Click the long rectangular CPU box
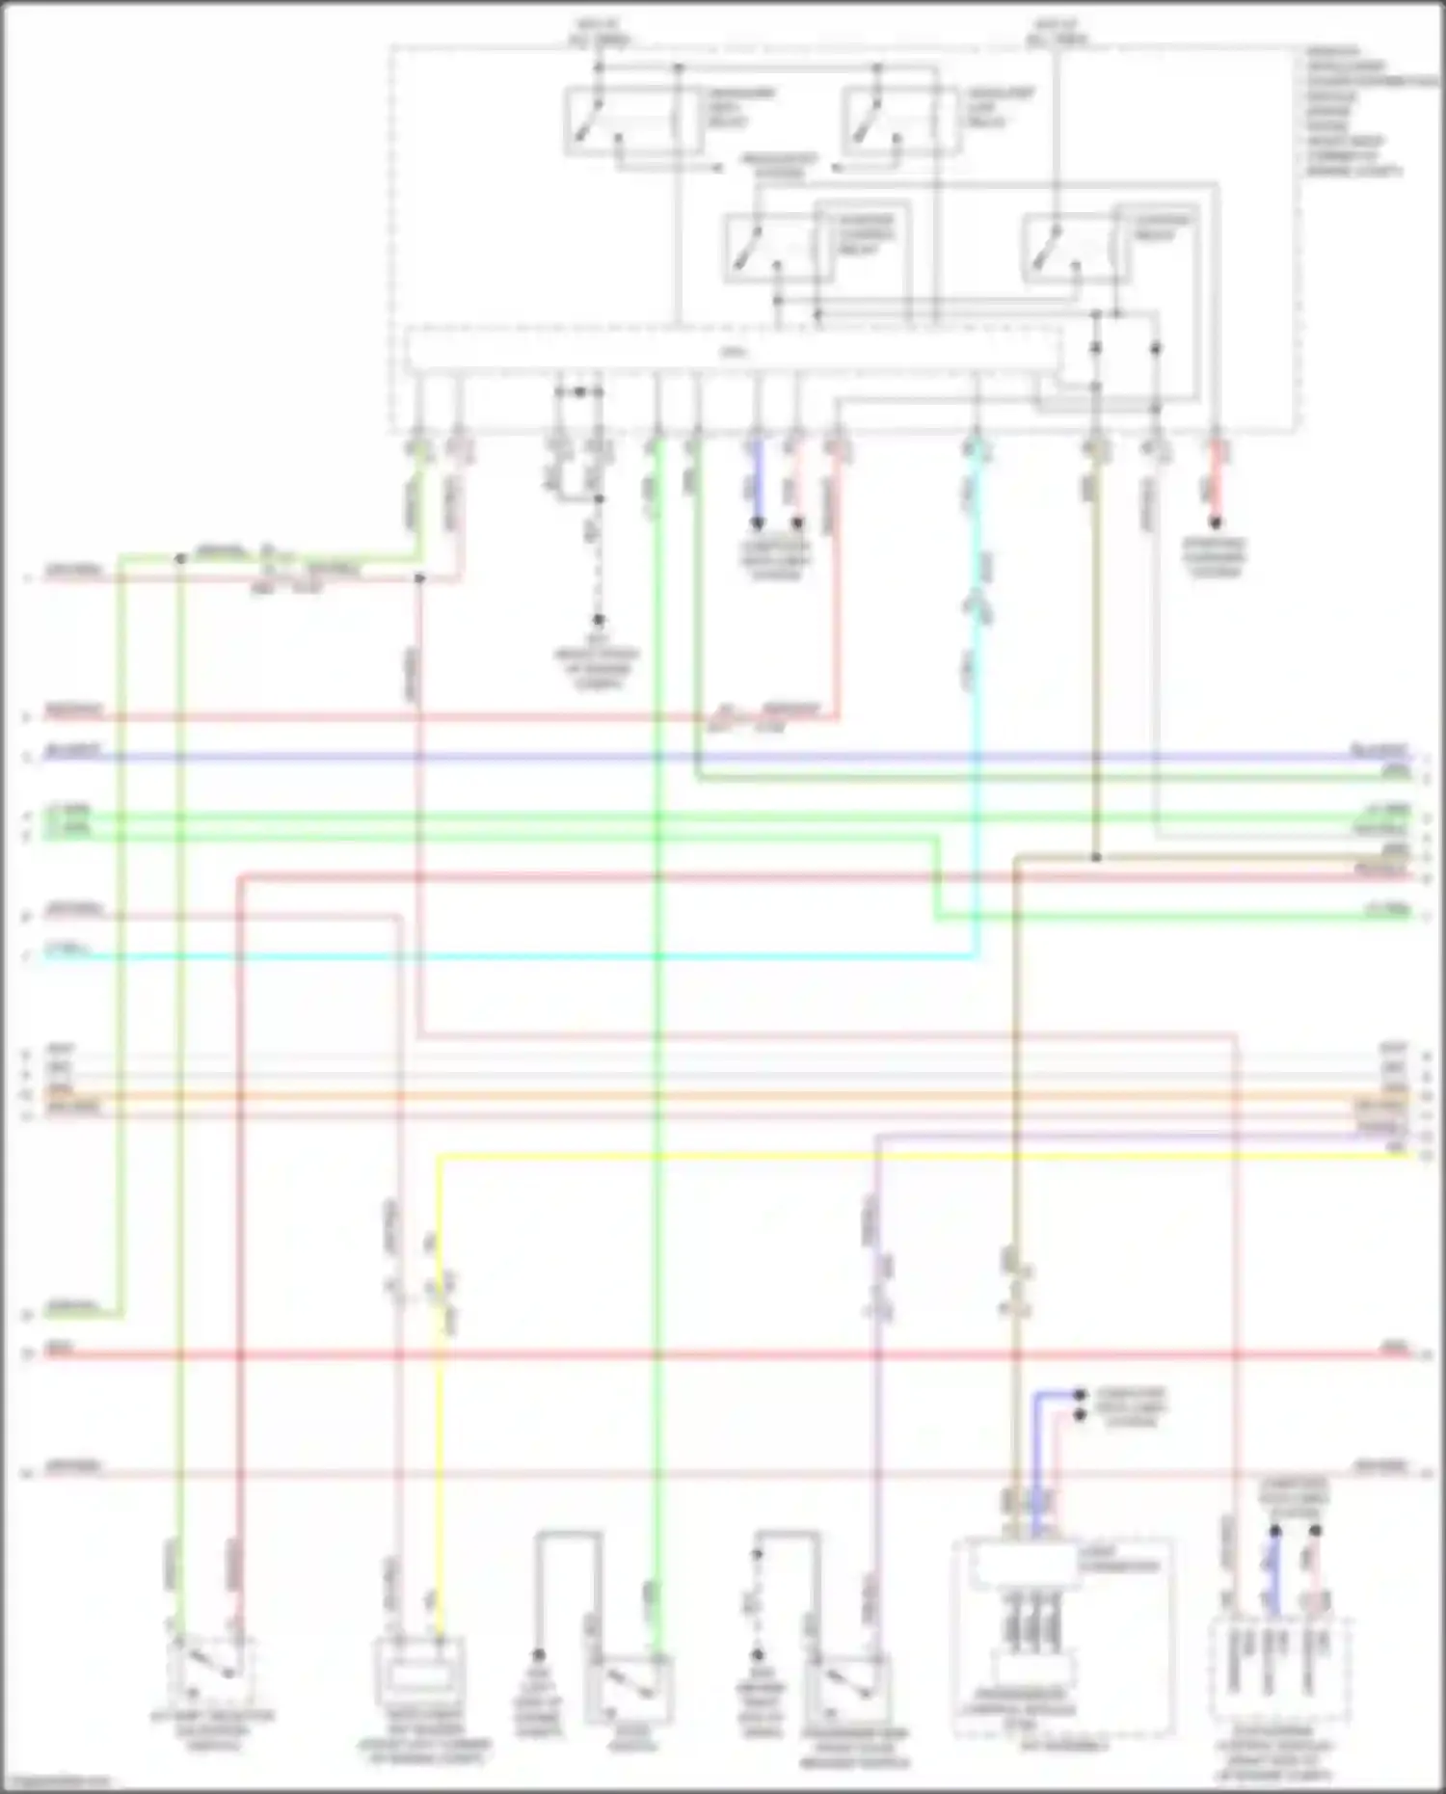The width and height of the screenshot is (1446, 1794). pyautogui.click(x=733, y=352)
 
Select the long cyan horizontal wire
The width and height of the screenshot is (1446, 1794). pyautogui.click(x=501, y=956)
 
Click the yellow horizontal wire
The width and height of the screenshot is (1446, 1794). pyautogui.click(x=916, y=1155)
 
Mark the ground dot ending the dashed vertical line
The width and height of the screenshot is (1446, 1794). pyautogui.click(x=598, y=620)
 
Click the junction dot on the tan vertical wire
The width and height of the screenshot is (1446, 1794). pyautogui.click(x=1096, y=857)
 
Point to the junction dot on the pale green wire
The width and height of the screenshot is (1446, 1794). pyautogui.click(x=180, y=558)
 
